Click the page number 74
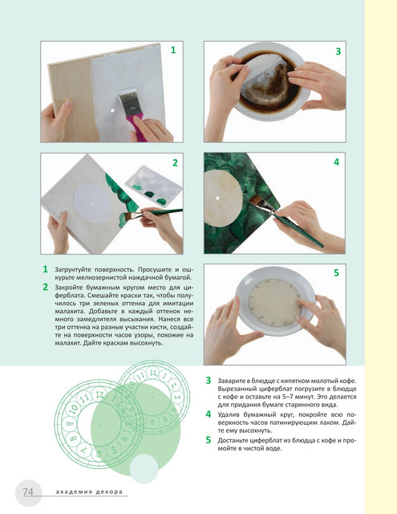[28, 492]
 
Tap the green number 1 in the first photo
[173, 50]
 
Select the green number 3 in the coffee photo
[338, 51]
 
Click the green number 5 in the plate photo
[336, 273]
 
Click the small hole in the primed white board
[112, 111]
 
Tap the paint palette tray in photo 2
[153, 186]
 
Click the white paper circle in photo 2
[92, 203]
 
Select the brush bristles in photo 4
[258, 203]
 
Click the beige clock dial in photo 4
[221, 198]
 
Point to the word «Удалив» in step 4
[228, 414]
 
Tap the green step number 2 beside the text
[46, 288]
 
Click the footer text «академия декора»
[89, 492]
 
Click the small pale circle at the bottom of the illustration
[144, 469]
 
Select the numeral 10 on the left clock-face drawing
[74, 408]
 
